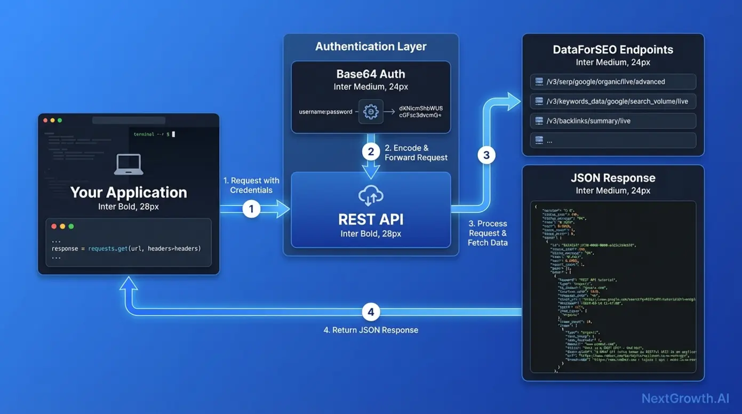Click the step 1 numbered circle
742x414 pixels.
click(251, 209)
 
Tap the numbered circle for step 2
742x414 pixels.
click(371, 152)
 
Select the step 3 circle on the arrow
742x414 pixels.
click(486, 155)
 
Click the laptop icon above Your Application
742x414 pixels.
click(129, 165)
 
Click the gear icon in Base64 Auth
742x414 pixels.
click(371, 112)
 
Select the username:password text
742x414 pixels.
click(326, 112)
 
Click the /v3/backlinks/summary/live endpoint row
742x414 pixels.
click(613, 121)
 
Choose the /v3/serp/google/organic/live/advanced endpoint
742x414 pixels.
click(613, 82)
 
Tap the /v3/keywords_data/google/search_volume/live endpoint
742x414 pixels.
click(613, 101)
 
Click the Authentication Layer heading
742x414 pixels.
click(371, 46)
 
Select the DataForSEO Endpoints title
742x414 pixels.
click(613, 50)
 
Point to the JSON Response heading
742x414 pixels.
click(613, 178)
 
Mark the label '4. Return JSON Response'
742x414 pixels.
click(371, 330)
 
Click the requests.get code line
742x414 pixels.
click(126, 249)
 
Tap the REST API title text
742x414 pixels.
click(371, 219)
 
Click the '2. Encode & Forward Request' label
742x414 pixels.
click(416, 153)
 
